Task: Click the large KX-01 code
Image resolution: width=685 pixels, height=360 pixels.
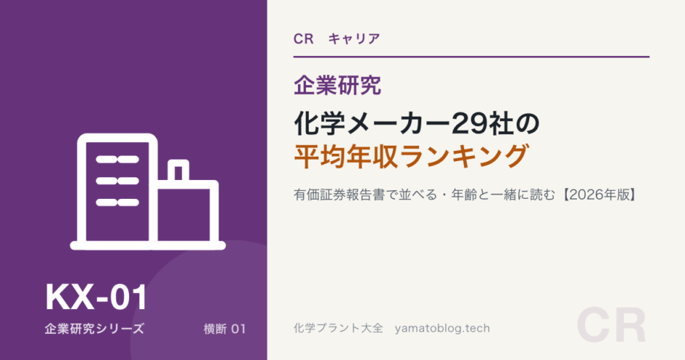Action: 96,297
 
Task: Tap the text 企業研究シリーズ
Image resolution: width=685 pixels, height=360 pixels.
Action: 94,329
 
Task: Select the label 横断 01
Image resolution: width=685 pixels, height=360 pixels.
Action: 224,329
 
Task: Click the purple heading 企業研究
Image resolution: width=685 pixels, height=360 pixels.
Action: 337,85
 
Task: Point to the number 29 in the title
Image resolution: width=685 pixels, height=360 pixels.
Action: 466,124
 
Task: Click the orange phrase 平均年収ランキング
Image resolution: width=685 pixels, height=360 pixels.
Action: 412,156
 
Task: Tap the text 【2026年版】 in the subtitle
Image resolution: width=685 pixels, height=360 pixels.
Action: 598,195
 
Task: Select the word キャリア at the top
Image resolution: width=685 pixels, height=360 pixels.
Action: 354,39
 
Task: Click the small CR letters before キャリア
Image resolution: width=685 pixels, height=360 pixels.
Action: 303,39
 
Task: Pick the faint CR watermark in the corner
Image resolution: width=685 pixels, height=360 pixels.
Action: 611,326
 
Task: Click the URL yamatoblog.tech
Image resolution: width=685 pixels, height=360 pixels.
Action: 442,328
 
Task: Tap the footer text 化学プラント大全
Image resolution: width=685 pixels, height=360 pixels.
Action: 338,328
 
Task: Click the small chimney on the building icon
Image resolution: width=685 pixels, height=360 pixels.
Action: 179,170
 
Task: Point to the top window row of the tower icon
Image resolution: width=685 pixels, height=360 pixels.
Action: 117,160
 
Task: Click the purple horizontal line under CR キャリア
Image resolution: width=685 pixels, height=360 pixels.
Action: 471,57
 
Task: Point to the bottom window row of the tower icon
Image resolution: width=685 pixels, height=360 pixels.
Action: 117,203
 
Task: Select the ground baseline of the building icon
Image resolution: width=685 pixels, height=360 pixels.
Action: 148,246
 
